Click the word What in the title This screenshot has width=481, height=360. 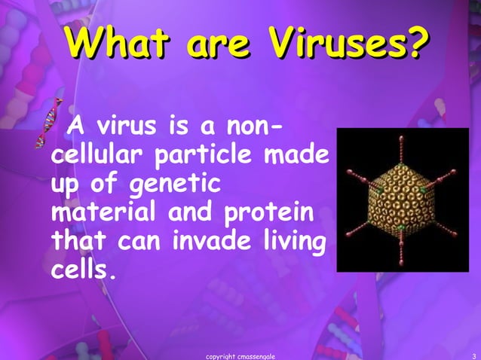click(114, 45)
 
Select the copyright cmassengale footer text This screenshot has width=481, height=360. click(245, 355)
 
